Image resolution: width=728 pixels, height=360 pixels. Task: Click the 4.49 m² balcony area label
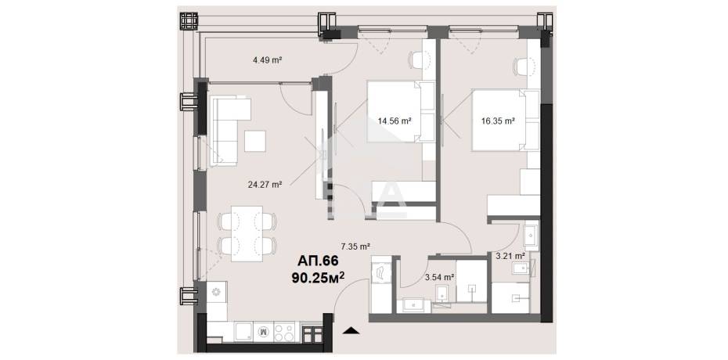[268, 59]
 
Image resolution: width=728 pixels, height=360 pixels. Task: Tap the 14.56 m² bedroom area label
[395, 121]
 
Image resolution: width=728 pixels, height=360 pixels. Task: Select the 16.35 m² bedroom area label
[498, 121]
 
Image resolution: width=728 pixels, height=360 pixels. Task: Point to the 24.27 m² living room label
[265, 184]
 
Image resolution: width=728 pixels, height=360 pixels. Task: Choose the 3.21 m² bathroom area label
[510, 255]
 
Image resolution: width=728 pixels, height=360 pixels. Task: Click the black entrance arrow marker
[351, 331]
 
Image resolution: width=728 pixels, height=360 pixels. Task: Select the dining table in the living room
[247, 233]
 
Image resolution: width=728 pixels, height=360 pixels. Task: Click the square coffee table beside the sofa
[255, 141]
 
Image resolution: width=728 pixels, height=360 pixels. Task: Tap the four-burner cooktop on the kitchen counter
[284, 332]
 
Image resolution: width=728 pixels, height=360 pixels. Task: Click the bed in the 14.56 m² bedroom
[400, 111]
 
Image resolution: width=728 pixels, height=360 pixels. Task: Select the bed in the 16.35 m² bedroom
[506, 121]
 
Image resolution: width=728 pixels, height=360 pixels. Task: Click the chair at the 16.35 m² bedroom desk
[523, 67]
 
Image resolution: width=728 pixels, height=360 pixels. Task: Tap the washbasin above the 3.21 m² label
[530, 236]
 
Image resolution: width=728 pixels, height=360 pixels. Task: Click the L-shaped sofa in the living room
[225, 131]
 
